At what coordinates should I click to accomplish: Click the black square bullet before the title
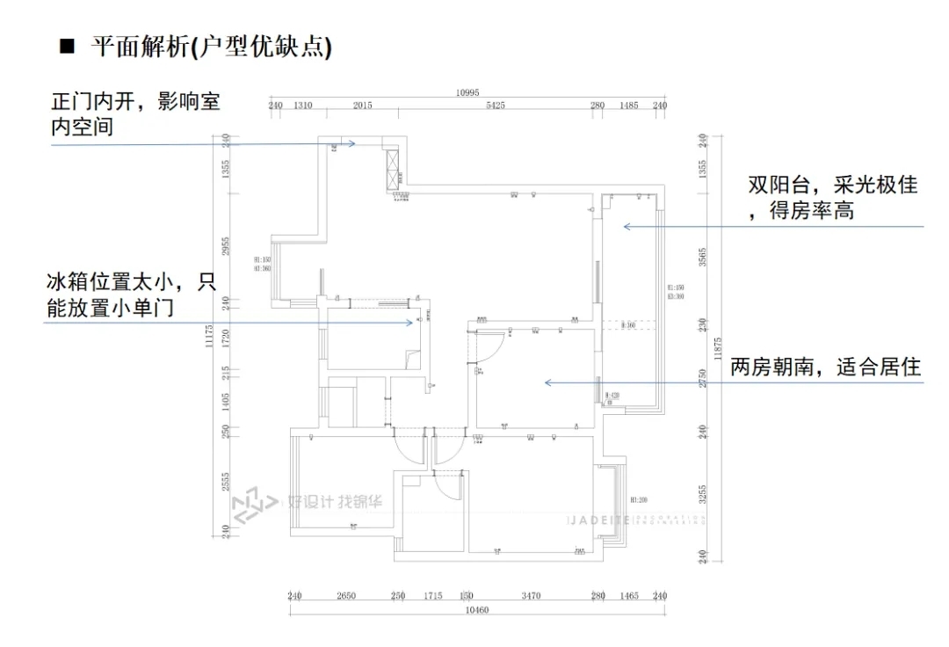(x=66, y=46)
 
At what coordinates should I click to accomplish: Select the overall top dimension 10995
(x=467, y=93)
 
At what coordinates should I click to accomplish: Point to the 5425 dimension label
(x=495, y=105)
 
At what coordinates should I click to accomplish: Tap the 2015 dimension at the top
(x=362, y=105)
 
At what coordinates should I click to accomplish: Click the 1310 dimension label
(x=302, y=105)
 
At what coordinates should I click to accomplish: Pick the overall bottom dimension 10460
(x=476, y=610)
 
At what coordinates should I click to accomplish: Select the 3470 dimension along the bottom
(x=530, y=596)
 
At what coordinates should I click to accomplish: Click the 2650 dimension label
(x=345, y=596)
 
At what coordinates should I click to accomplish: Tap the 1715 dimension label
(x=432, y=596)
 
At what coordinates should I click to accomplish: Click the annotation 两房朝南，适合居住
(x=825, y=367)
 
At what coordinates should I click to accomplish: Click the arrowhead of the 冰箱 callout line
(x=410, y=323)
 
